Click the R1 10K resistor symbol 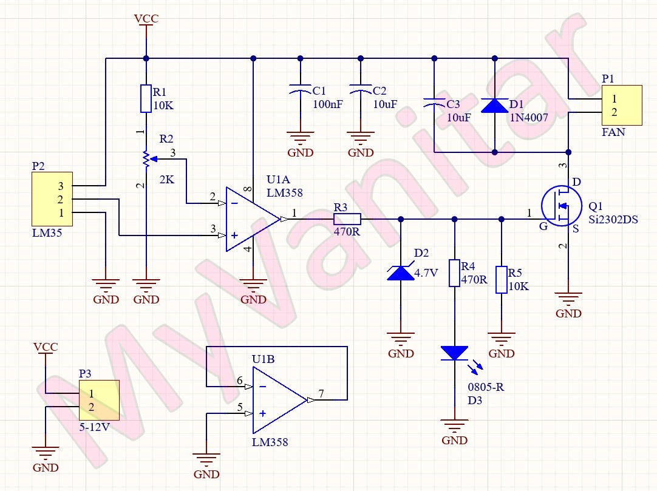point(146,98)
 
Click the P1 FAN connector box point(621,105)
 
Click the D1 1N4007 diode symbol point(494,106)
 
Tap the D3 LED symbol point(455,353)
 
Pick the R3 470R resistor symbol point(347,219)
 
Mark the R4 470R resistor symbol point(455,273)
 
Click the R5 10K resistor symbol point(501,280)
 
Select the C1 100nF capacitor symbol point(300,90)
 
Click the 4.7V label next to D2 point(426,273)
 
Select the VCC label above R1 point(146,19)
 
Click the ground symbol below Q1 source point(568,299)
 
